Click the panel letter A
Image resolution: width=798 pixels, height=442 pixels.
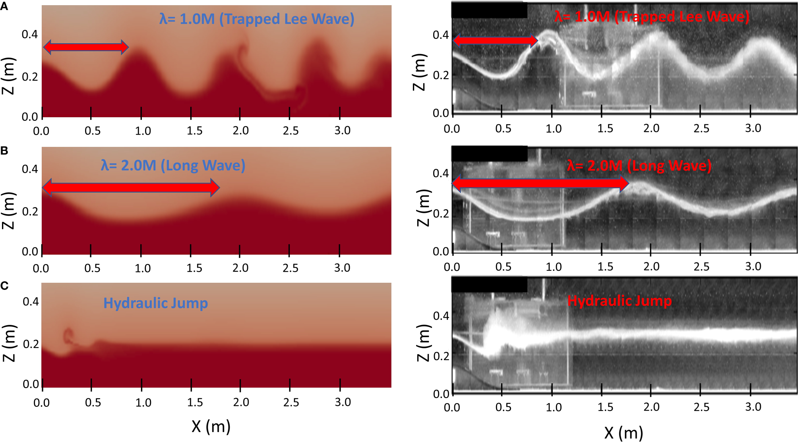tap(4, 7)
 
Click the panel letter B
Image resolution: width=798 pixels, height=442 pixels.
tap(4, 151)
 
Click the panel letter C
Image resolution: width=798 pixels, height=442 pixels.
tap(4, 286)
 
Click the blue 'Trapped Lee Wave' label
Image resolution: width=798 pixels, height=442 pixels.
tap(257, 19)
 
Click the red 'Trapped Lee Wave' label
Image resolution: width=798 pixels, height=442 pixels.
tap(652, 17)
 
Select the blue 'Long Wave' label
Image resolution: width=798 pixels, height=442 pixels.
tap(173, 165)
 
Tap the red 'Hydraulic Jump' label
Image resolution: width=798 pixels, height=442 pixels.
tap(619, 301)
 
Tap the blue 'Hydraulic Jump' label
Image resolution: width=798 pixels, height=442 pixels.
tap(155, 303)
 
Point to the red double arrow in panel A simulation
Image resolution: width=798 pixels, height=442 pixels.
tap(85, 47)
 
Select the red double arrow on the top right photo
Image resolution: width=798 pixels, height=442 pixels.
tap(495, 40)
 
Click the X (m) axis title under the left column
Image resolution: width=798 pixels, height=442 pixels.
tap(211, 426)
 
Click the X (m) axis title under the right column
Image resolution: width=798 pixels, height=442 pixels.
tap(624, 432)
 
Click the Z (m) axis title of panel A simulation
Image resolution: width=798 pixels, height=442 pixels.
tap(8, 76)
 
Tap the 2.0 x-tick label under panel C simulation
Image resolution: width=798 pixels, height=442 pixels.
tap(241, 402)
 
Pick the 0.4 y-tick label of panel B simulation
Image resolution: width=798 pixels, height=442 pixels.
tap(30, 169)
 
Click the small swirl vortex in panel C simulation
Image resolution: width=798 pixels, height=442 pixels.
tap(68, 336)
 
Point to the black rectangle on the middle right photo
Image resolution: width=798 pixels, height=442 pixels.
tap(489, 154)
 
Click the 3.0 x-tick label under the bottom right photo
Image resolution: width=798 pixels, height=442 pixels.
tap(753, 407)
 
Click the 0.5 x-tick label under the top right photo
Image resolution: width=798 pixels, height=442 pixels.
tap(503, 129)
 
